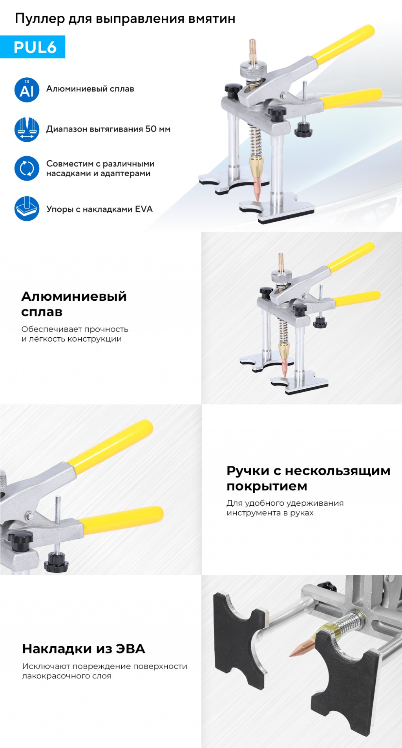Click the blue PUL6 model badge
pyautogui.click(x=33, y=47)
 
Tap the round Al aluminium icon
pyautogui.click(x=27, y=90)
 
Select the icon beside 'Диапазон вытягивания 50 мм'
pyautogui.click(x=27, y=130)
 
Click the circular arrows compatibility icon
pyautogui.click(x=27, y=168)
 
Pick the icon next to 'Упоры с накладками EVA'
pyautogui.click(x=27, y=208)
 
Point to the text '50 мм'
pyautogui.click(x=158, y=129)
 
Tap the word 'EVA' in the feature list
pyautogui.click(x=144, y=209)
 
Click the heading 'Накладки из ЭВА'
pyautogui.click(x=84, y=649)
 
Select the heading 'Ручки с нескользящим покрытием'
pyautogui.click(x=308, y=478)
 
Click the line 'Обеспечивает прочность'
pyautogui.click(x=75, y=329)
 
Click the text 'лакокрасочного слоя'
pyautogui.click(x=66, y=676)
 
